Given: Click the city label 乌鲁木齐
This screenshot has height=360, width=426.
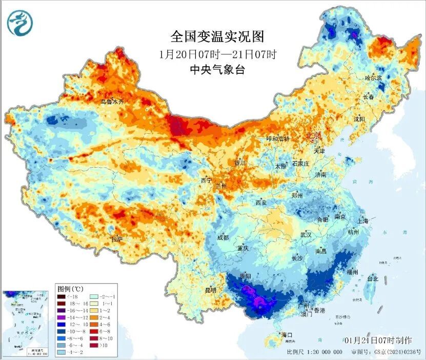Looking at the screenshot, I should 112,102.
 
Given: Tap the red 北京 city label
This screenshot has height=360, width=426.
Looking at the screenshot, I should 313,135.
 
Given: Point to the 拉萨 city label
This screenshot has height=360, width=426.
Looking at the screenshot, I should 117,238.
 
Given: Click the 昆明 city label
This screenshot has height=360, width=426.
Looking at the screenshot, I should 210,290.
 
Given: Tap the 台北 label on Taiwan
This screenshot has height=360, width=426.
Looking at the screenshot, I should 372,279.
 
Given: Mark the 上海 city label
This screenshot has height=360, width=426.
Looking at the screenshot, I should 363,221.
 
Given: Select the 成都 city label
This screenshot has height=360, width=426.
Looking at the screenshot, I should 223,237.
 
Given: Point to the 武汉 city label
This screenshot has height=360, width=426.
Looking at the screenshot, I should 306,234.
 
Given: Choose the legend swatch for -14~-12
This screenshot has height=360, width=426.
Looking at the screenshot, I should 60,317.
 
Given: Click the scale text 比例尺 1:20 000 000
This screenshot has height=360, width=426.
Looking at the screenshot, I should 314,352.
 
